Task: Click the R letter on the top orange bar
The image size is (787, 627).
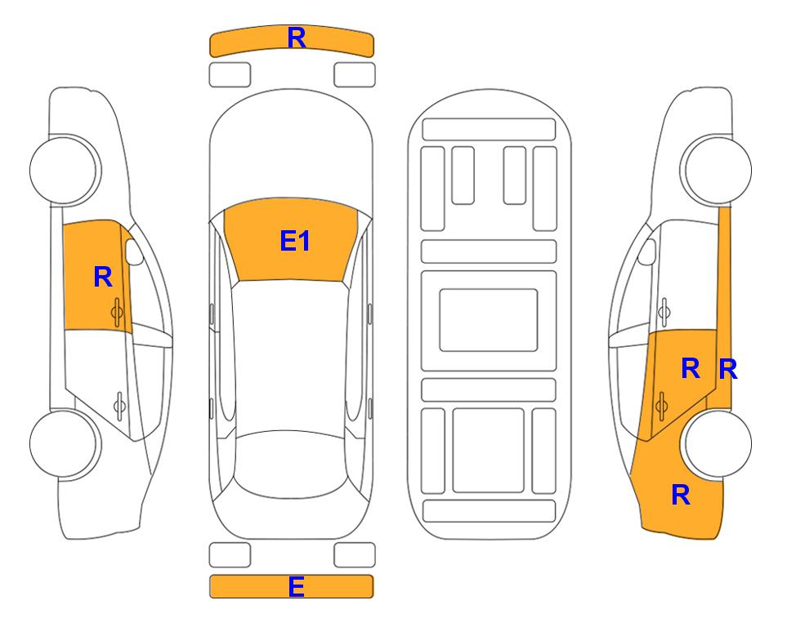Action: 297,38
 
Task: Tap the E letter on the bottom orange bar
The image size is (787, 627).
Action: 297,586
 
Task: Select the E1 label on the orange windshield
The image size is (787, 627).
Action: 295,241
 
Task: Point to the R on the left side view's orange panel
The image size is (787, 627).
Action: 103,277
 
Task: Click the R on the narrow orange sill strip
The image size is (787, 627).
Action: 728,370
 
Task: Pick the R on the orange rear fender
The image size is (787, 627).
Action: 681,495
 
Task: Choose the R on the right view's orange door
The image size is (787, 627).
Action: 691,369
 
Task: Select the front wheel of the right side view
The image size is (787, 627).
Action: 718,170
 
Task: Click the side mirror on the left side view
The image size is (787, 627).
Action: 133,251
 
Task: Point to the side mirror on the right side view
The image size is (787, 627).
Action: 647,251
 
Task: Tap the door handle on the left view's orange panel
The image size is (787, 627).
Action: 118,312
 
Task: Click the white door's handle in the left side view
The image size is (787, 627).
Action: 119,405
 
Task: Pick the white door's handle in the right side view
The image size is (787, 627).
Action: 664,312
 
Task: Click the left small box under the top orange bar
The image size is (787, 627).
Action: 230,75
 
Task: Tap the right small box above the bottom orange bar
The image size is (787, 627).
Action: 355,555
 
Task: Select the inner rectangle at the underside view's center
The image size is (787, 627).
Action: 489,320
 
